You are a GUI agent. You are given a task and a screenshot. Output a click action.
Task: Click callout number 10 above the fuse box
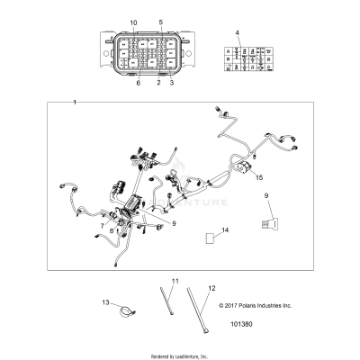tap(134, 21)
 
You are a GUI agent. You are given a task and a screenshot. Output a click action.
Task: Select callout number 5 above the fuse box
tap(161, 21)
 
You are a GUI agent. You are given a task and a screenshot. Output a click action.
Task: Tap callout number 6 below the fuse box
tap(138, 83)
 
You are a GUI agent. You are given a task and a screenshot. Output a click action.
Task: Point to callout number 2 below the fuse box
tap(159, 83)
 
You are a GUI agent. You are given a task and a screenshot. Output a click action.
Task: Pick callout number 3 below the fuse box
tap(172, 83)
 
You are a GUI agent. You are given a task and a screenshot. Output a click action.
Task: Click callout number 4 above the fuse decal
tap(237, 32)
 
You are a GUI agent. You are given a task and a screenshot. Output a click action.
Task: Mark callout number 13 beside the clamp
tap(105, 302)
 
